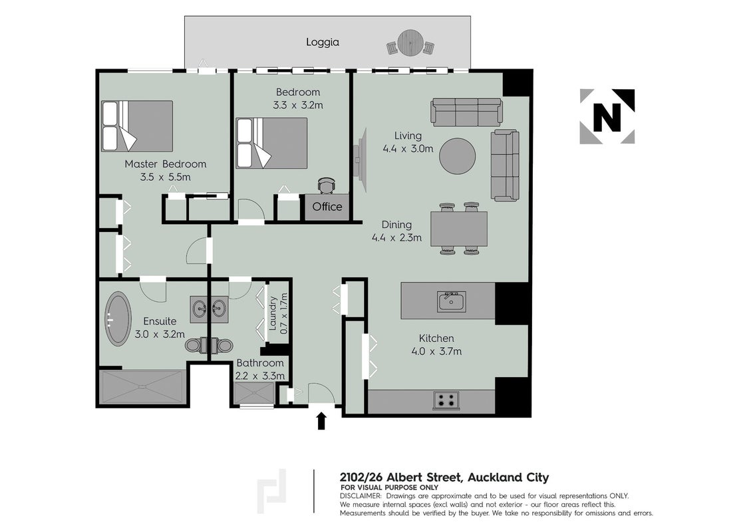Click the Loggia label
tap(322, 43)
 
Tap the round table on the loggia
tap(410, 43)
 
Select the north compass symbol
tap(607, 116)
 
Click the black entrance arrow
tap(321, 421)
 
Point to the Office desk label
tap(327, 207)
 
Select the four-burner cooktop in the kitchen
tap(446, 400)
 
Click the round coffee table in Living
tap(458, 156)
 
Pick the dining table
tap(459, 229)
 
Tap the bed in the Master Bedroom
tap(137, 126)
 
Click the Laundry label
tap(272, 313)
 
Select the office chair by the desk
tap(327, 186)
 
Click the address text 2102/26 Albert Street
tap(400, 477)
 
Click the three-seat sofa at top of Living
tap(466, 112)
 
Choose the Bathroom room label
tap(260, 364)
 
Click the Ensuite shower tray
tap(144, 388)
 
